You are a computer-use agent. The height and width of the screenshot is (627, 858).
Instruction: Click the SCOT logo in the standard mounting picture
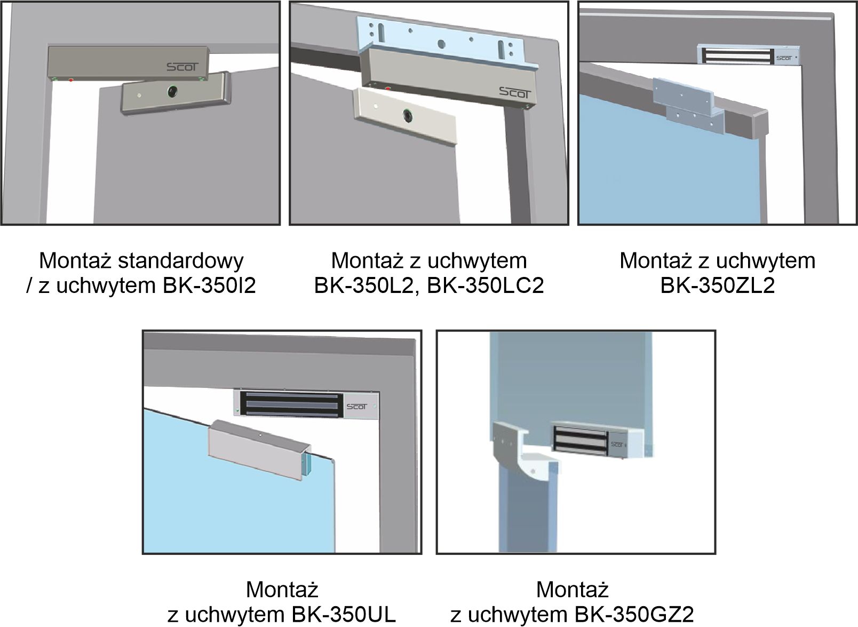pos(182,67)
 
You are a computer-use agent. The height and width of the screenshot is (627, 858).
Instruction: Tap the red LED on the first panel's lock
pos(71,80)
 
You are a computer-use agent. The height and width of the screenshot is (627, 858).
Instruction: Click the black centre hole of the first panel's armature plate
pos(172,91)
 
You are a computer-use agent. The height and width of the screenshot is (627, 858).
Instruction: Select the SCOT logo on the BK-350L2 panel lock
pos(515,93)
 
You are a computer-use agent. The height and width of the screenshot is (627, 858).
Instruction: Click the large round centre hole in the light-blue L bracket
pos(441,45)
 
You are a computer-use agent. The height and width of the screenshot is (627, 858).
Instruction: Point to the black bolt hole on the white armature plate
pos(408,115)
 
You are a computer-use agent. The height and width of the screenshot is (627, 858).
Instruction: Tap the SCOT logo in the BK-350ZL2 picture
pos(784,58)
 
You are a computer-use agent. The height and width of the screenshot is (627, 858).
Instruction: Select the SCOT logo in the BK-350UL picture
pos(356,407)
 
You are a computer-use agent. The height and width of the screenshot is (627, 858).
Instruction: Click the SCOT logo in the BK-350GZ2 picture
pos(617,445)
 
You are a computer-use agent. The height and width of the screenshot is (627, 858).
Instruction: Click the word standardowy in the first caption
pos(181,261)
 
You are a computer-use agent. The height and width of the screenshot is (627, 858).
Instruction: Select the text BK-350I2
pos(209,285)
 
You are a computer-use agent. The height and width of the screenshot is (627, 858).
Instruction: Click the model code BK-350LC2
pos(486,285)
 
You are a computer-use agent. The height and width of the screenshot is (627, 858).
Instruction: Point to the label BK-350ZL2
pos(718,285)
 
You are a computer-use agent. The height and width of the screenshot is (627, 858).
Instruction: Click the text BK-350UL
pos(344,615)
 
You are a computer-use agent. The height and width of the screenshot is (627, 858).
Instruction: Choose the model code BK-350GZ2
pos(634,615)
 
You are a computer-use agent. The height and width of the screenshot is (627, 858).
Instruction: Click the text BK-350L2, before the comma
pos(364,285)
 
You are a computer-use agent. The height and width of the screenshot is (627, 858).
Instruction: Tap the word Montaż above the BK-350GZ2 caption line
pos(572,590)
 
